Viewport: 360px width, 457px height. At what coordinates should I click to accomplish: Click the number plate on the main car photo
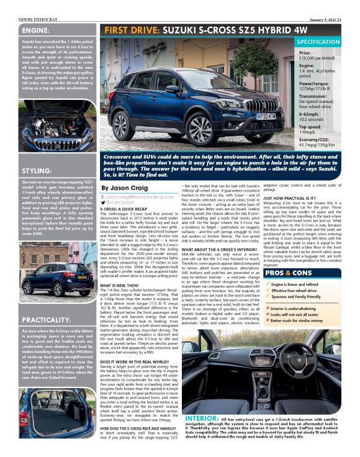266,115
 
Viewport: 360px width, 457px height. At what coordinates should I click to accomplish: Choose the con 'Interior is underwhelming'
313,308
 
